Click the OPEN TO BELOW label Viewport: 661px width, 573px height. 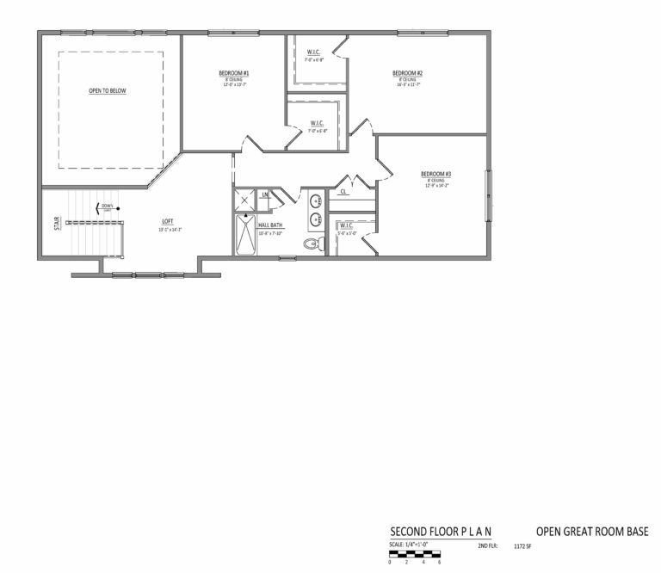pyautogui.click(x=108, y=90)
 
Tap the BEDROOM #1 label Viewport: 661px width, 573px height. pyautogui.click(x=233, y=73)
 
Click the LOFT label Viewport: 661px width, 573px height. pyautogui.click(x=167, y=222)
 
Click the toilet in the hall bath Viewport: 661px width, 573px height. pyautogui.click(x=312, y=243)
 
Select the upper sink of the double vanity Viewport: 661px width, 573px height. pyautogui.click(x=317, y=201)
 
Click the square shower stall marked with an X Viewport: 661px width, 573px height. pyautogui.click(x=245, y=200)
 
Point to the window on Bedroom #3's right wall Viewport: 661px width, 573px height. pyautogui.click(x=489, y=195)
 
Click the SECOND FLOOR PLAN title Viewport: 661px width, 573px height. pyautogui.click(x=441, y=532)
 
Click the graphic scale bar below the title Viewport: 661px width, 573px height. pyautogui.click(x=415, y=555)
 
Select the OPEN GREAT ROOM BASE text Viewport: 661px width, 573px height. pyautogui.click(x=592, y=532)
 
